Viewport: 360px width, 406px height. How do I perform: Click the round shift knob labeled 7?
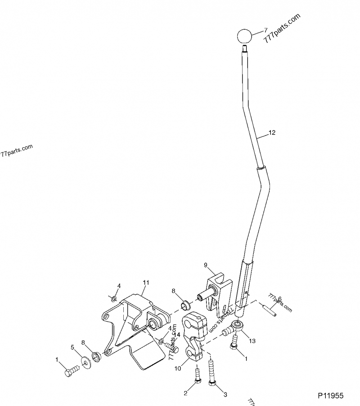tap(243, 36)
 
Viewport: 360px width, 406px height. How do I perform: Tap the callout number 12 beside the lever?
tap(271, 133)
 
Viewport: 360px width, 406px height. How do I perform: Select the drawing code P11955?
tap(331, 396)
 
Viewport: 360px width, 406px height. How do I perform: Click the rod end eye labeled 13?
tap(237, 325)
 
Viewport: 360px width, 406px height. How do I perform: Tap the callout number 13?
tap(252, 341)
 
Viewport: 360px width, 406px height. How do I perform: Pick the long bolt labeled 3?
tap(211, 372)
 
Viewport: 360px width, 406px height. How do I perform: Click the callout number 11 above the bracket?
tap(145, 282)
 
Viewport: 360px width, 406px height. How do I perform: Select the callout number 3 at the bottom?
tap(225, 395)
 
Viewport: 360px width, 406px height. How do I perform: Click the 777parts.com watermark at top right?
tap(282, 28)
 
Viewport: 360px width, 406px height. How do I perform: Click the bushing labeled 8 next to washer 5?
tap(95, 358)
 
